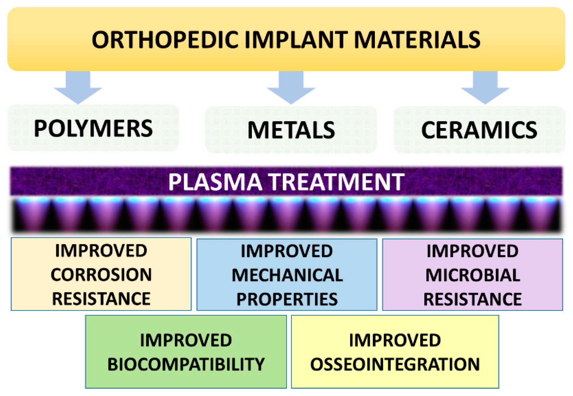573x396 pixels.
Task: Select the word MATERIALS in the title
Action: (x=417, y=40)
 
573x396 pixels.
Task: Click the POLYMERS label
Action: (x=93, y=129)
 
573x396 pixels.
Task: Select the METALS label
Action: (x=291, y=130)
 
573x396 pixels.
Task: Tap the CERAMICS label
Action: (x=479, y=130)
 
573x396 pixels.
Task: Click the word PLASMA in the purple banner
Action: (x=215, y=182)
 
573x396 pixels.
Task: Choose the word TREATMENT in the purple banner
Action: (x=337, y=182)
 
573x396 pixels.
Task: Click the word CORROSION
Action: (x=101, y=275)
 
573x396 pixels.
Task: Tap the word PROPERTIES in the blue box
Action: (x=287, y=299)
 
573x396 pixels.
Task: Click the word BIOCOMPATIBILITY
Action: (x=186, y=364)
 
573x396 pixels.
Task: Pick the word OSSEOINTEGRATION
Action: (x=395, y=364)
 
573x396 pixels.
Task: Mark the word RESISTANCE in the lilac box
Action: (x=473, y=299)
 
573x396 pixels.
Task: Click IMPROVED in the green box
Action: (x=186, y=340)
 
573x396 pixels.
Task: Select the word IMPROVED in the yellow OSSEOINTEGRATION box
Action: (x=395, y=340)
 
